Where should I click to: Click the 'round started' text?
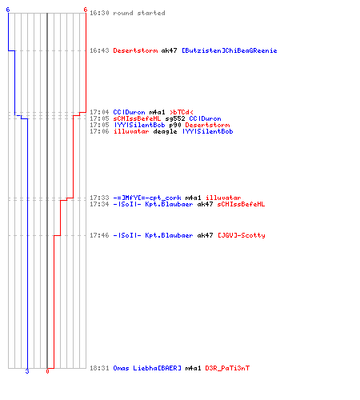[139, 13]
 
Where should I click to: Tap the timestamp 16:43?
[99, 50]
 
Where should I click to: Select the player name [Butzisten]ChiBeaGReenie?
[230, 50]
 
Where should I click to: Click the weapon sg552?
[175, 118]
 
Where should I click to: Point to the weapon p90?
[175, 125]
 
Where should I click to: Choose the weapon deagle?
[165, 131]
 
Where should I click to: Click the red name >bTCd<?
[182, 112]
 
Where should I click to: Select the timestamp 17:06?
[99, 131]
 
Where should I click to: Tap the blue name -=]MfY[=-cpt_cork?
[147, 198]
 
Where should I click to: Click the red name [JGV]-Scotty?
[242, 235]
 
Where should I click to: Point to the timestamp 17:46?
[99, 235]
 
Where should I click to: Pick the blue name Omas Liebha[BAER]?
[147, 368]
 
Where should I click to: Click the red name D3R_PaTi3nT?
[227, 368]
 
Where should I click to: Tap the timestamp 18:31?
[99, 368]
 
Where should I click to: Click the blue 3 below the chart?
[27, 371]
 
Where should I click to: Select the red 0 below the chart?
[47, 371]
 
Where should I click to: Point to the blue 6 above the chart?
[8, 10]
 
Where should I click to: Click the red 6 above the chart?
[85, 10]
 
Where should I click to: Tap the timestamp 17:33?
[99, 198]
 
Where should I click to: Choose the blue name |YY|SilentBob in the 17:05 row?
[139, 125]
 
